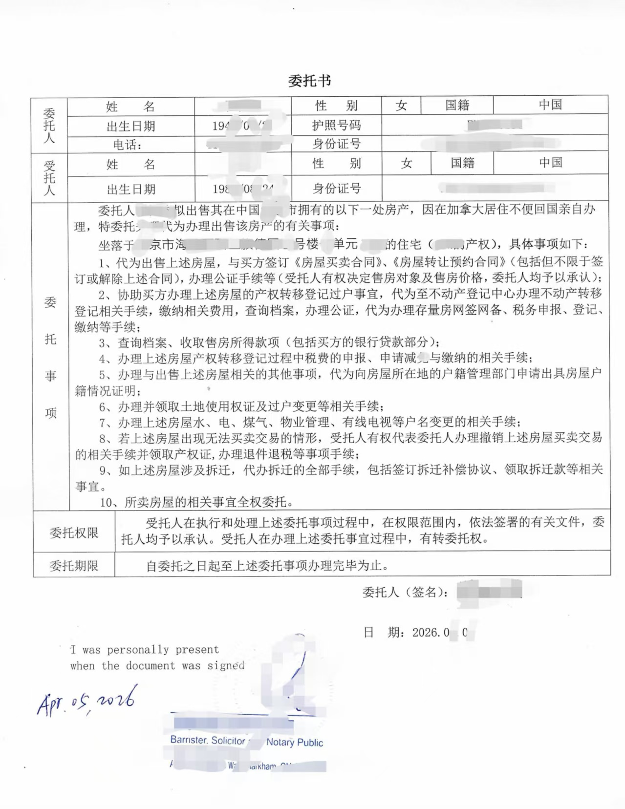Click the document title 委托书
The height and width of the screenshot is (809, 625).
click(309, 81)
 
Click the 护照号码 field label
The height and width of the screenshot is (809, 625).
click(336, 126)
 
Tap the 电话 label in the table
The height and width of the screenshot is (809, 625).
click(127, 145)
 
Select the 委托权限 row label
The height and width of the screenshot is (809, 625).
click(74, 532)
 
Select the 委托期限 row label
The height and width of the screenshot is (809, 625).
click(74, 566)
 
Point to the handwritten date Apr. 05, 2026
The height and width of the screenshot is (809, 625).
click(86, 701)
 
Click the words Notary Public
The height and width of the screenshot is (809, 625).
click(295, 743)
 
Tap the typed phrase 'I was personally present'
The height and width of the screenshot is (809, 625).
click(145, 650)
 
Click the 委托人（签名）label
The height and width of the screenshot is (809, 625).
click(406, 593)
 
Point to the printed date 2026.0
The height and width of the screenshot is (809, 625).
click(431, 633)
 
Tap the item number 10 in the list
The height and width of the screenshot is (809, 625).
click(107, 502)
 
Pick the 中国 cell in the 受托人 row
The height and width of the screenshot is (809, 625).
click(550, 163)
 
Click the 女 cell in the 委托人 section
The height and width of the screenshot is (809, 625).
click(401, 106)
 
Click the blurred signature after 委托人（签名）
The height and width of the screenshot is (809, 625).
click(489, 591)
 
